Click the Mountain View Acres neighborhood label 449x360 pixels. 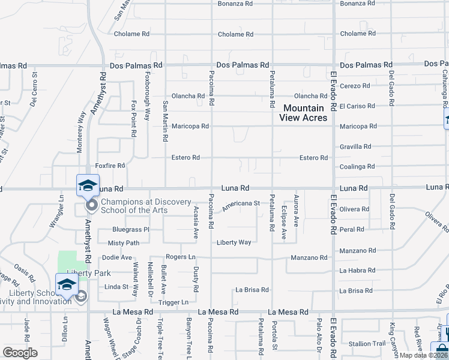click(x=303, y=113)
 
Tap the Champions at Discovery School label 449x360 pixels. click(x=146, y=206)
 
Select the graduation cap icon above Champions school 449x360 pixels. click(x=88, y=185)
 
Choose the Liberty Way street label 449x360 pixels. click(x=234, y=242)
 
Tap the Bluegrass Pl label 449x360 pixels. click(x=130, y=229)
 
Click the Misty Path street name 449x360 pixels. click(x=124, y=243)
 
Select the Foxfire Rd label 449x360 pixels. click(x=110, y=165)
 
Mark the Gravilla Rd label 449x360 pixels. click(x=355, y=146)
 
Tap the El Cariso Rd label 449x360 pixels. click(x=357, y=106)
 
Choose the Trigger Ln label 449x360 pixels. click(x=173, y=302)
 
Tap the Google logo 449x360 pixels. click(x=20, y=353)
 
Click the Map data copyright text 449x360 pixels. click(x=423, y=355)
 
